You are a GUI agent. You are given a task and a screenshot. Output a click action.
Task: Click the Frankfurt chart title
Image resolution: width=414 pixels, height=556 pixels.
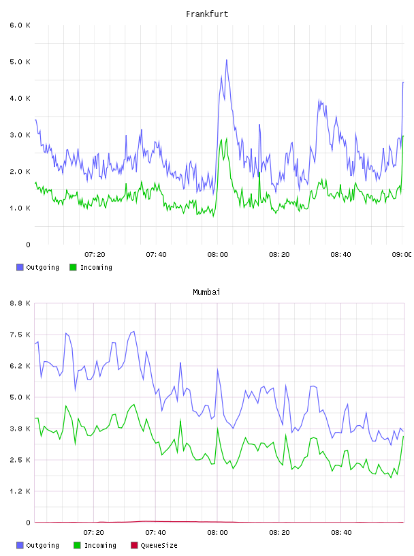(207, 14)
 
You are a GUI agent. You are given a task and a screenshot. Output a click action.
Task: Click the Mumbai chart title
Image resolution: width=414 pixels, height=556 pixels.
(206, 292)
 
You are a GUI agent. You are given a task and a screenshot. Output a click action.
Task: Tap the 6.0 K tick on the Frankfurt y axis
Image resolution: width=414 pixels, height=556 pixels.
(20, 25)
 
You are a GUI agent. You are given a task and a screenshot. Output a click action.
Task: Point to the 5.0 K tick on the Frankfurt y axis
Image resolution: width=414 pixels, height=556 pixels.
(20, 62)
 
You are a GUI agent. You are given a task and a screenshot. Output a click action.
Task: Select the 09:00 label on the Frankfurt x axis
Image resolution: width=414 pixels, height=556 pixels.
(402, 255)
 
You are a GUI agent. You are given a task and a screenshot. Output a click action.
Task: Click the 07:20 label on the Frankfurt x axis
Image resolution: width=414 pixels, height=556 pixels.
(95, 255)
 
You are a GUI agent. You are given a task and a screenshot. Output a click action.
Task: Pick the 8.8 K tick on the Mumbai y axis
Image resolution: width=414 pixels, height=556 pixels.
(20, 303)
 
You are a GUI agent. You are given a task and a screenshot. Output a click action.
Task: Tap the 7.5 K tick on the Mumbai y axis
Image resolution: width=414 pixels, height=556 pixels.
(20, 335)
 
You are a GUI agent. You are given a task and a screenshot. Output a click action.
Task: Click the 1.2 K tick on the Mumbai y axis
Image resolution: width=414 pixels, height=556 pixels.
(20, 491)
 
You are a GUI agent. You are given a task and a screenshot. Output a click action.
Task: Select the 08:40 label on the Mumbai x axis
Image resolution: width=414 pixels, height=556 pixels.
(341, 533)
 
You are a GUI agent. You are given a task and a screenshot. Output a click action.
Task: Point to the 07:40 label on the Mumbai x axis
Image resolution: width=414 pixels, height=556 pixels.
(156, 533)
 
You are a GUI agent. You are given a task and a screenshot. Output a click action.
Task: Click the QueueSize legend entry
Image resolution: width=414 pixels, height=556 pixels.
(154, 545)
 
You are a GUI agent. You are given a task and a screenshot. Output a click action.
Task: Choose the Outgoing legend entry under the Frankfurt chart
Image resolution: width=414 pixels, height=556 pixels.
(38, 267)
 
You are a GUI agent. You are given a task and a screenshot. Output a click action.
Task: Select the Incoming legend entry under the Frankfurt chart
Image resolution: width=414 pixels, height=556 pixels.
(91, 267)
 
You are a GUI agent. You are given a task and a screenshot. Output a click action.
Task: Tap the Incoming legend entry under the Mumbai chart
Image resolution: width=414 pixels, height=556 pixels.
(95, 545)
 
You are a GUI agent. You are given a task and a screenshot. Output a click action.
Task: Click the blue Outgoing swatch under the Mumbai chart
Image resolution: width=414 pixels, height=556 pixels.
(20, 545)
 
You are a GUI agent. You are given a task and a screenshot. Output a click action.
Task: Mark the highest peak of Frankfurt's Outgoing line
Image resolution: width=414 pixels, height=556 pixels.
(227, 60)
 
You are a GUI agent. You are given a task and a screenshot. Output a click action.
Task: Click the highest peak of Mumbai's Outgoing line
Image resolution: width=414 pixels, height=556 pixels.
(133, 332)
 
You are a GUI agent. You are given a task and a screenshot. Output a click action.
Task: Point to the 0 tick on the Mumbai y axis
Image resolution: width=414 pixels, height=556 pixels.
(28, 523)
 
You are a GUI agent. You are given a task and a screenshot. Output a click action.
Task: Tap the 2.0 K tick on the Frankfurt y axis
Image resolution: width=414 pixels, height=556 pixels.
(20, 171)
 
